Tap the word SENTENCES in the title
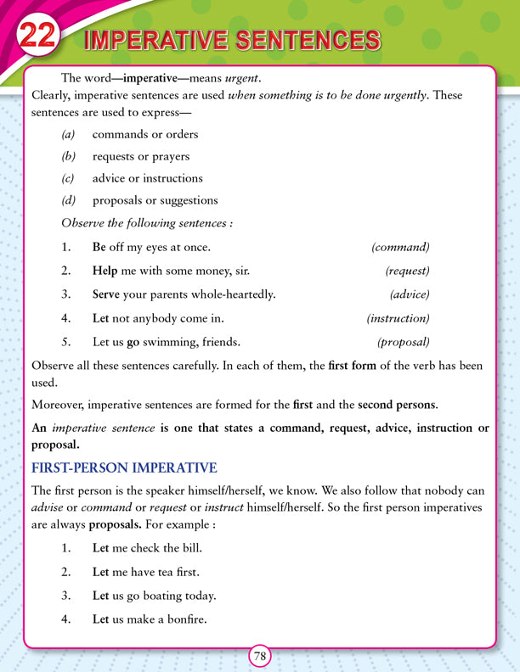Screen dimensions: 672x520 click(x=307, y=40)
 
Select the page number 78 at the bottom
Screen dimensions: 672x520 click(x=260, y=656)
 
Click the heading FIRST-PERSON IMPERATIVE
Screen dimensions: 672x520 click(x=124, y=468)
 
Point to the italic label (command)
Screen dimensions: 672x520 click(x=400, y=247)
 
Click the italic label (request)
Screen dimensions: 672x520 click(x=407, y=271)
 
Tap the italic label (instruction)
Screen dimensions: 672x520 click(x=398, y=318)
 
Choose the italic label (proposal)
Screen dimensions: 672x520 click(x=403, y=342)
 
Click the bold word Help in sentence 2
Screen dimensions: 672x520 click(x=105, y=271)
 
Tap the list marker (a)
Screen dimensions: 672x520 click(x=69, y=134)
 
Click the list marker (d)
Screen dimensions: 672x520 click(x=69, y=200)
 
